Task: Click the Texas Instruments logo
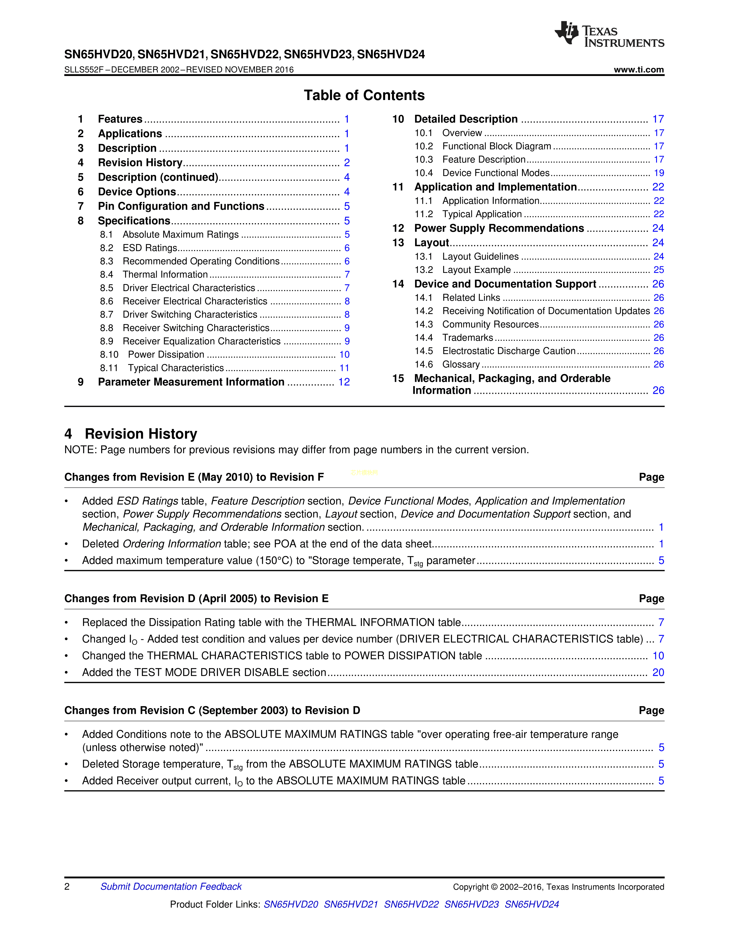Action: point(609,34)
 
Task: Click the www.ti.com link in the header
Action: point(638,69)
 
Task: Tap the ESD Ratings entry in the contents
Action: point(150,248)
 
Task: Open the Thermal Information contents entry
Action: point(165,275)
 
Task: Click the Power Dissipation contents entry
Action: point(166,355)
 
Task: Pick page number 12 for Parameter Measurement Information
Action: point(344,382)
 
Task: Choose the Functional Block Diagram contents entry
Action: point(497,146)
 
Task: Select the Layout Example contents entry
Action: point(476,270)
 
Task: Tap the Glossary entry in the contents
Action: point(461,364)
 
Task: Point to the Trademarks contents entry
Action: point(468,338)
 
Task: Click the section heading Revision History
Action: point(141,433)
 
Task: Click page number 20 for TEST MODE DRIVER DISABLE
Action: point(658,672)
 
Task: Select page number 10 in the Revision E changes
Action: point(658,656)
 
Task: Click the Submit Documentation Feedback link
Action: point(171,886)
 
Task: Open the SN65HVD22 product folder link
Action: point(411,904)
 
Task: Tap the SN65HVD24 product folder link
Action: point(532,904)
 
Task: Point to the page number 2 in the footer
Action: point(67,886)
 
